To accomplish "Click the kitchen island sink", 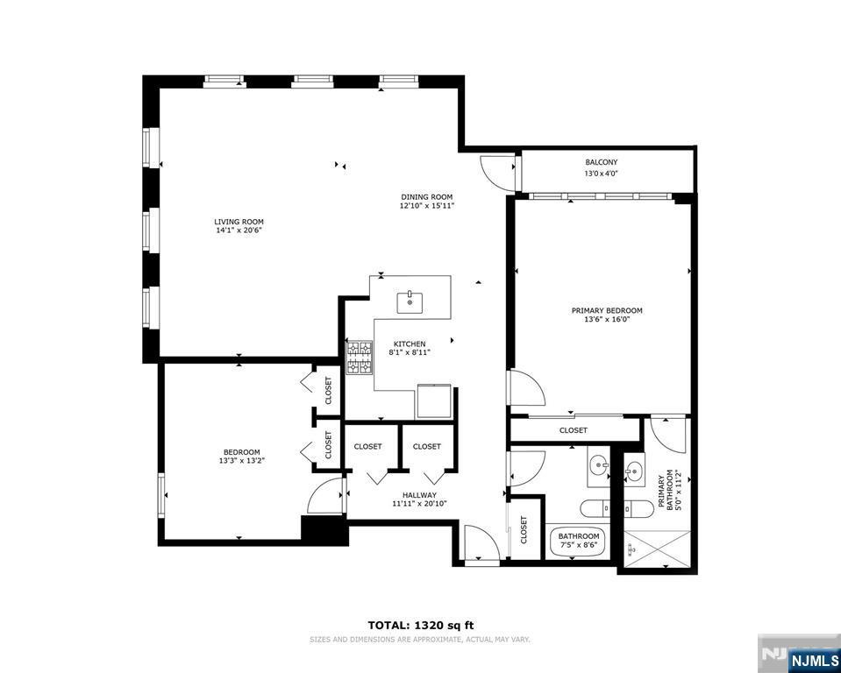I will [x=410, y=301].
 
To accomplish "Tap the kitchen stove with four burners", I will [x=360, y=358].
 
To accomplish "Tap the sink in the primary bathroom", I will [x=635, y=474].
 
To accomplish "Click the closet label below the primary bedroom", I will [x=573, y=430].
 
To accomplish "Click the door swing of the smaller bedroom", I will [x=326, y=498].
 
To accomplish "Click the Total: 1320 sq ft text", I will [x=420, y=625].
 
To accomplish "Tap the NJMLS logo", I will [x=813, y=659].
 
